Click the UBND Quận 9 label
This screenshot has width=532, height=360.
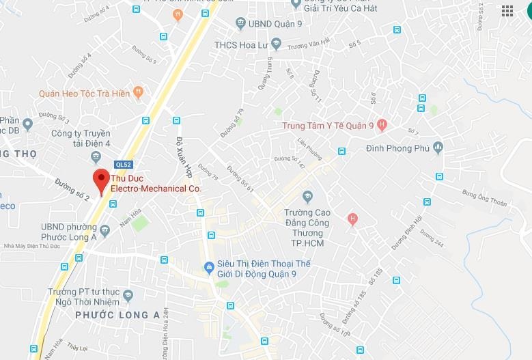(269, 24)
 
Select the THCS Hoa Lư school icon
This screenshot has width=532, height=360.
(276, 45)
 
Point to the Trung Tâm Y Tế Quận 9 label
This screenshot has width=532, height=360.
(328, 126)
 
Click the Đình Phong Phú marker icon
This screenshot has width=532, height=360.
(438, 148)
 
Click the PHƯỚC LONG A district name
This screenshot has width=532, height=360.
(117, 315)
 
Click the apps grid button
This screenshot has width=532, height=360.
(507, 10)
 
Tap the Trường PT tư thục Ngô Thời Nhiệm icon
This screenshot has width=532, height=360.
(129, 296)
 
